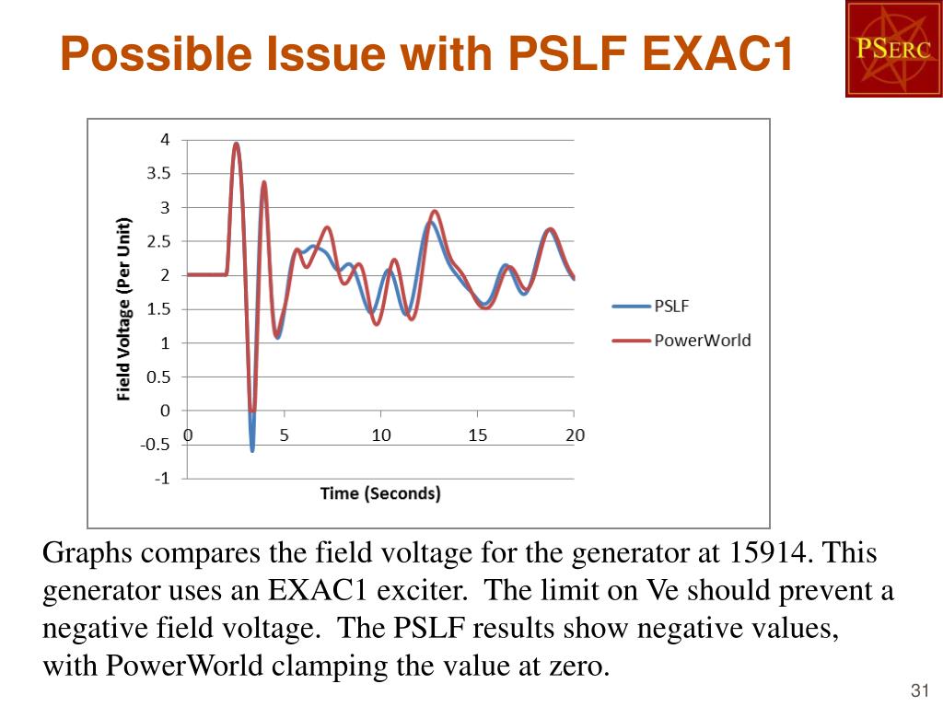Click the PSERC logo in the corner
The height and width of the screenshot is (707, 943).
pos(893,49)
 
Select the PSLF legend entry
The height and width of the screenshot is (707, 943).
pos(671,307)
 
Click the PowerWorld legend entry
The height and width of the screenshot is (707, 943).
pos(702,341)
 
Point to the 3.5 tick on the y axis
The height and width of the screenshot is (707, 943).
pos(157,174)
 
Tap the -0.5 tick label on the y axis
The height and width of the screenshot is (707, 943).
pos(156,445)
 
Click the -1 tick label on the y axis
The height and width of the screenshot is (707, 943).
pos(162,479)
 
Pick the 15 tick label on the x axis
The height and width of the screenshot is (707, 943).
pos(477,435)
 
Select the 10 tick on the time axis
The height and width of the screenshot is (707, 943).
pos(381,435)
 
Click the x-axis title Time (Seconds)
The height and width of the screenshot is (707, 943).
pos(380,493)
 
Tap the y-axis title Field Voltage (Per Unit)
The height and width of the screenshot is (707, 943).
pos(123,308)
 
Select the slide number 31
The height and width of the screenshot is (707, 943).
pos(916,691)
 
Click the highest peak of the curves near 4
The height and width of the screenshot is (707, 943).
pos(237,145)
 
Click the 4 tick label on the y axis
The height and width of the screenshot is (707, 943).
pos(165,140)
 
